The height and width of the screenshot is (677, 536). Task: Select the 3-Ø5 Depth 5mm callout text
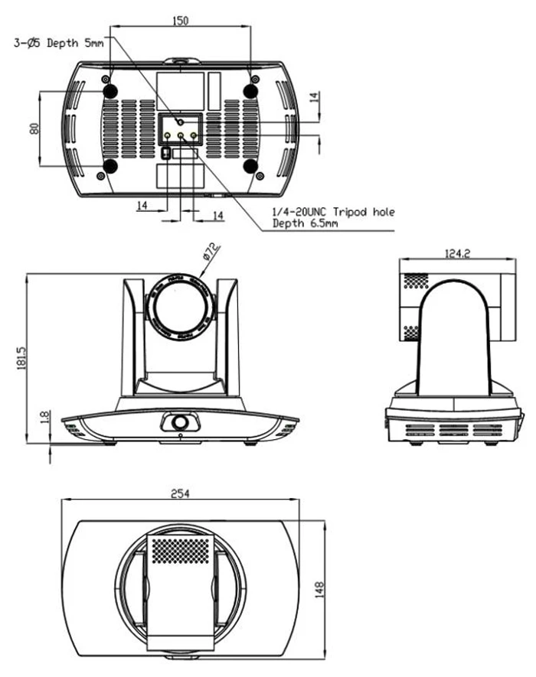tap(59, 44)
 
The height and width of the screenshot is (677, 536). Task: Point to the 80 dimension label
tap(33, 129)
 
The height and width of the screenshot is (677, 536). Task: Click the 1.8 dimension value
tap(44, 418)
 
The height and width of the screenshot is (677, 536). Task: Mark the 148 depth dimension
tap(320, 588)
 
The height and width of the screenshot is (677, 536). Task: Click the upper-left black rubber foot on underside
tap(109, 91)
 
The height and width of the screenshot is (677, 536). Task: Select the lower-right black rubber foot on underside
tap(250, 166)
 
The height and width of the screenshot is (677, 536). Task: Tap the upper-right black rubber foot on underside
tap(250, 91)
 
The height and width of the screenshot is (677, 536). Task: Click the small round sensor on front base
tap(179, 421)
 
